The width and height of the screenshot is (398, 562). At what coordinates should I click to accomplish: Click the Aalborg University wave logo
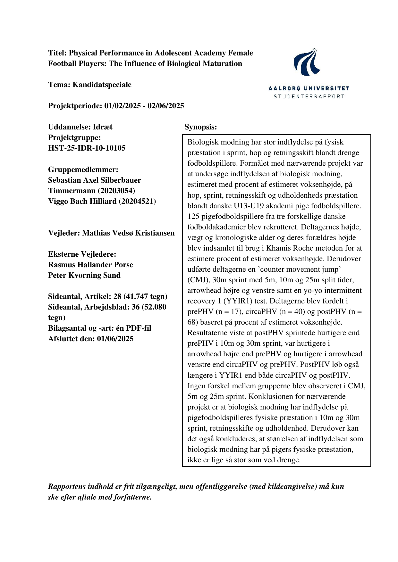coord(307,62)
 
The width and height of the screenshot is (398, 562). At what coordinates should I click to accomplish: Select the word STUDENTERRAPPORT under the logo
coord(309,96)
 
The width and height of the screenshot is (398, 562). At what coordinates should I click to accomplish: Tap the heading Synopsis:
coord(201,127)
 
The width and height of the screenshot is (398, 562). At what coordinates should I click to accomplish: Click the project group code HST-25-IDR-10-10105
coord(87,148)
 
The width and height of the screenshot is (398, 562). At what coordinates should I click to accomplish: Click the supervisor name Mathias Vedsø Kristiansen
coord(128,233)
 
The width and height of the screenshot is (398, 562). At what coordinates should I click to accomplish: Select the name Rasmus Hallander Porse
coord(90,265)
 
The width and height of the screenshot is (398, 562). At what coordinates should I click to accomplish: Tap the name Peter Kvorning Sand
coord(84,275)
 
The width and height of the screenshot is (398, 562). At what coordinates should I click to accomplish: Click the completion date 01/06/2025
coord(115,339)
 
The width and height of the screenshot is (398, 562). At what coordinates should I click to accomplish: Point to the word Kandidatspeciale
coord(102,85)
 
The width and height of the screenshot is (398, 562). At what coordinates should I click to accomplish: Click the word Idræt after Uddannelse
coord(103,127)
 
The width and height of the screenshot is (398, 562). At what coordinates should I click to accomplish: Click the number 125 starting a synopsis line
coord(193,216)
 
